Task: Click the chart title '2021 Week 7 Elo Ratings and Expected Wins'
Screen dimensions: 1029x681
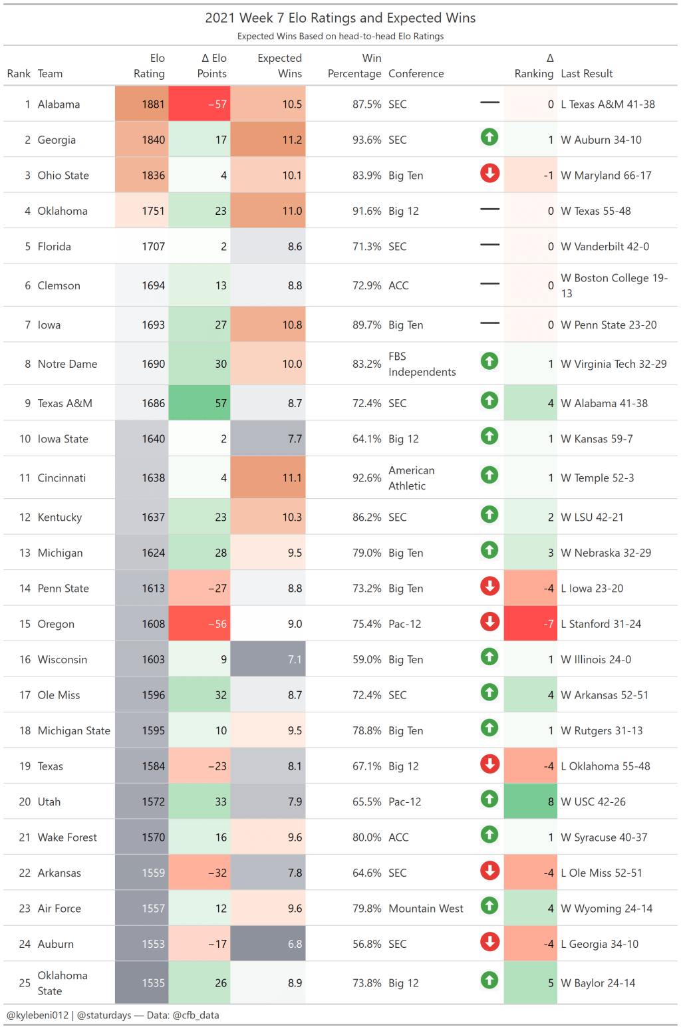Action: coord(340,18)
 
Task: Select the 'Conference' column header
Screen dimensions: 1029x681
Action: coord(416,74)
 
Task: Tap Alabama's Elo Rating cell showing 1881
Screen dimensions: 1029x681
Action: coord(142,104)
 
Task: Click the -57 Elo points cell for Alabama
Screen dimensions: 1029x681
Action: coord(200,104)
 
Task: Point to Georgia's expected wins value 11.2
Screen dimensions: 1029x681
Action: coord(269,140)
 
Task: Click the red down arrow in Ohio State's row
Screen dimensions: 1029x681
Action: coord(489,174)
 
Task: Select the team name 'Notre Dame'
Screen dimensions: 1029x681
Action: coord(67,364)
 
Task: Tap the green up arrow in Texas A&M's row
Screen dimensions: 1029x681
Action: coord(489,400)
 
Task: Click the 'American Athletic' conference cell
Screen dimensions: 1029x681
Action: coord(412,478)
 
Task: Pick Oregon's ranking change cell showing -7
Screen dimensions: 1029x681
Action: coord(530,624)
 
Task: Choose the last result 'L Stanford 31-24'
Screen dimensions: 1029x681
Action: coord(601,624)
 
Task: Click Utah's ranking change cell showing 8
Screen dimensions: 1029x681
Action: coord(530,802)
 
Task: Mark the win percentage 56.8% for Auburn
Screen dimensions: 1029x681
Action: coord(366,944)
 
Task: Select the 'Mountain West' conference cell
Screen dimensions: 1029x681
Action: coord(426,909)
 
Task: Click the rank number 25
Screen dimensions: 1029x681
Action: coord(25,983)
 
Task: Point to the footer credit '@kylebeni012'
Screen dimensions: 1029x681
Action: coord(38,1015)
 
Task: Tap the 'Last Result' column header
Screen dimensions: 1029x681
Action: coord(587,74)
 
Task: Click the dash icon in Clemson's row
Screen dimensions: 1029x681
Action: coord(489,284)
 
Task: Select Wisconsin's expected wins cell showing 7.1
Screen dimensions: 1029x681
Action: coord(269,659)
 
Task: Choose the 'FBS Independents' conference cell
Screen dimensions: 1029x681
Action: coord(422,365)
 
